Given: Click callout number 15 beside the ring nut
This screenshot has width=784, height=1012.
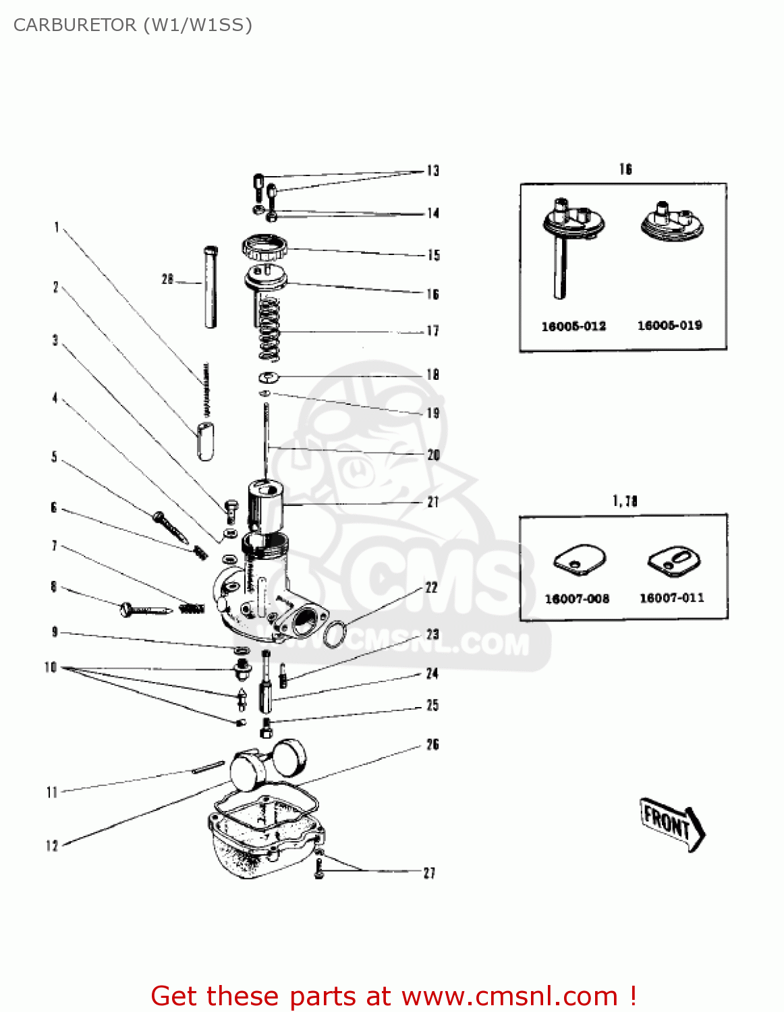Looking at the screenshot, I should click(433, 255).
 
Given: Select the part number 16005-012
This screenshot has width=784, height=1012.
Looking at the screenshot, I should click(573, 327).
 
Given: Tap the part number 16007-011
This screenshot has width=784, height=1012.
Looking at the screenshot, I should click(671, 598).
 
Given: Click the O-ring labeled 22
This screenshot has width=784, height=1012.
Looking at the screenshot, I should click(335, 635).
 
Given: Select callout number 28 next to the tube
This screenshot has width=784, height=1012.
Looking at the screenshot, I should click(167, 279).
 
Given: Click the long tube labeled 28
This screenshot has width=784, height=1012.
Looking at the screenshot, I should click(211, 287).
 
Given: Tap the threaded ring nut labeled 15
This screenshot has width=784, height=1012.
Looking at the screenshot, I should click(265, 247).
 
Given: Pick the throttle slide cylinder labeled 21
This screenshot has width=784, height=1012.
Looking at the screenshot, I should click(266, 506).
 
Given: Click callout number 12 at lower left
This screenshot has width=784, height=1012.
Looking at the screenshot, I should click(52, 846).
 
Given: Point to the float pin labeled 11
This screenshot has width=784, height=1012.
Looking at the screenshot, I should click(208, 767).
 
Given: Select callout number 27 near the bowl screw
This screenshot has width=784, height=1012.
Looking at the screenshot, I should click(429, 873).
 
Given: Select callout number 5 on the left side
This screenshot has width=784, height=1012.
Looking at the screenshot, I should click(54, 457).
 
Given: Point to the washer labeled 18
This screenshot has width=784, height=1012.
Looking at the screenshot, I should click(269, 376).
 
